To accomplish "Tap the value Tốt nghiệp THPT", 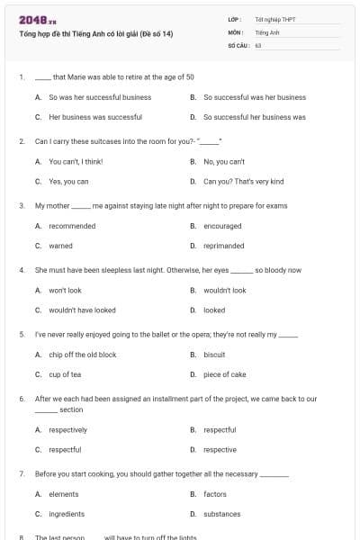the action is click(x=274, y=18).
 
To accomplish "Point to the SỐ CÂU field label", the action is click(x=238, y=43).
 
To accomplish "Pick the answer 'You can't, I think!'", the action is click(x=76, y=161).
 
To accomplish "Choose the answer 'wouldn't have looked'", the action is click(x=82, y=310).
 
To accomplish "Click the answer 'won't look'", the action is click(x=65, y=291).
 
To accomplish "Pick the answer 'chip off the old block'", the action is click(x=82, y=355).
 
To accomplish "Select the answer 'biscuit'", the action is click(x=214, y=355).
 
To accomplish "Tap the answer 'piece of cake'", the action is click(x=224, y=374).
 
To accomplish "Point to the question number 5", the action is click(x=21, y=334).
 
